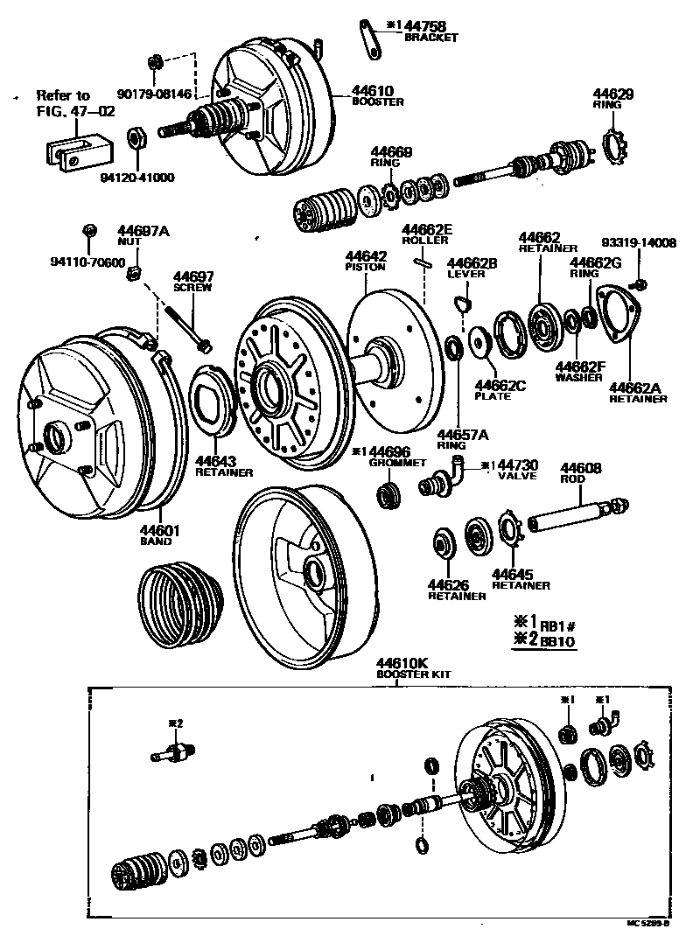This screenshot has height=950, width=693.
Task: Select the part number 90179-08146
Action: [153, 94]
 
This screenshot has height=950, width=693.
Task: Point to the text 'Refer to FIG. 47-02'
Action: [63, 103]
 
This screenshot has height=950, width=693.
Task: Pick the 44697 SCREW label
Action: [193, 281]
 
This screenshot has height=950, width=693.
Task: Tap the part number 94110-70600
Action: [87, 261]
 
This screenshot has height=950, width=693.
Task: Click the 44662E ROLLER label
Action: [427, 235]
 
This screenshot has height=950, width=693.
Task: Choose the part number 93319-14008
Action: [639, 243]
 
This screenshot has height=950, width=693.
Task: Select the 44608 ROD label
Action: [580, 472]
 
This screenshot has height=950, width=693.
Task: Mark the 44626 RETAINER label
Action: [456, 590]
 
